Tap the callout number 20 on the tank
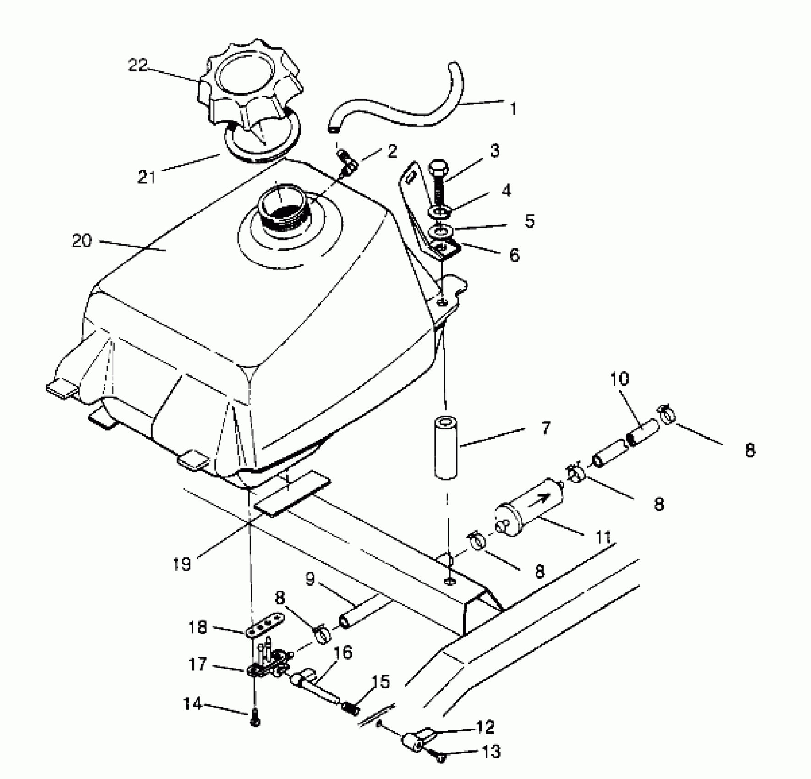click(x=82, y=241)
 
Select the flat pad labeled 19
click(x=292, y=493)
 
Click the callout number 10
click(x=619, y=379)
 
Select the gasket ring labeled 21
click(x=261, y=144)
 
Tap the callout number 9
click(x=310, y=579)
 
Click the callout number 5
click(x=530, y=221)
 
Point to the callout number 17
click(x=198, y=664)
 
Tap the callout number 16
click(x=342, y=653)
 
